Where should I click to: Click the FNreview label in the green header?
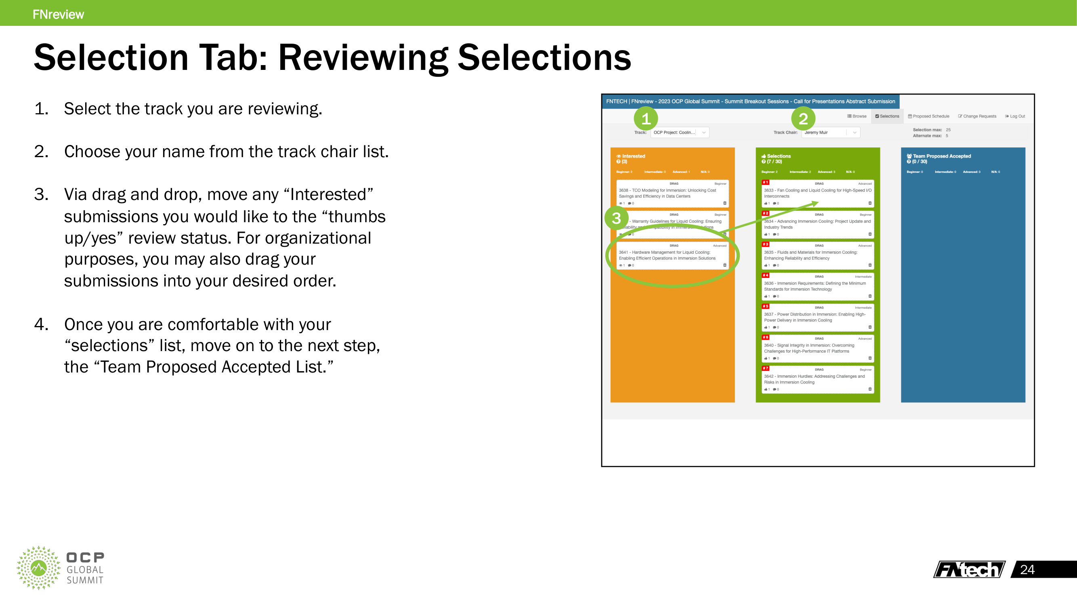(58, 14)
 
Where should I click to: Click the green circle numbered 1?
(646, 119)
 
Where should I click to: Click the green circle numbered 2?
(803, 119)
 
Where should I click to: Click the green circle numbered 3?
(616, 218)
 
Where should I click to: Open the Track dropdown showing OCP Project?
(679, 133)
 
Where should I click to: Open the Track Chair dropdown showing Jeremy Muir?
(830, 133)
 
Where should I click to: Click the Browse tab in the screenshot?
(857, 116)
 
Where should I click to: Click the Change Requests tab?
(977, 116)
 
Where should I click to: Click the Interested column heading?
(633, 156)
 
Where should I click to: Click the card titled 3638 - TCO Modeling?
(672, 193)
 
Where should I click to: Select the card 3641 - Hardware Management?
(672, 255)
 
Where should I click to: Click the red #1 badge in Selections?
(765, 182)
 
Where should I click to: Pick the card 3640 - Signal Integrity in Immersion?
(817, 348)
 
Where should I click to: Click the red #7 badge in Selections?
(765, 368)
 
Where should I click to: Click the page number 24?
(1027, 570)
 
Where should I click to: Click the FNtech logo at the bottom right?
(969, 570)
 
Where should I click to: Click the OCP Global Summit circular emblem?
(38, 568)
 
